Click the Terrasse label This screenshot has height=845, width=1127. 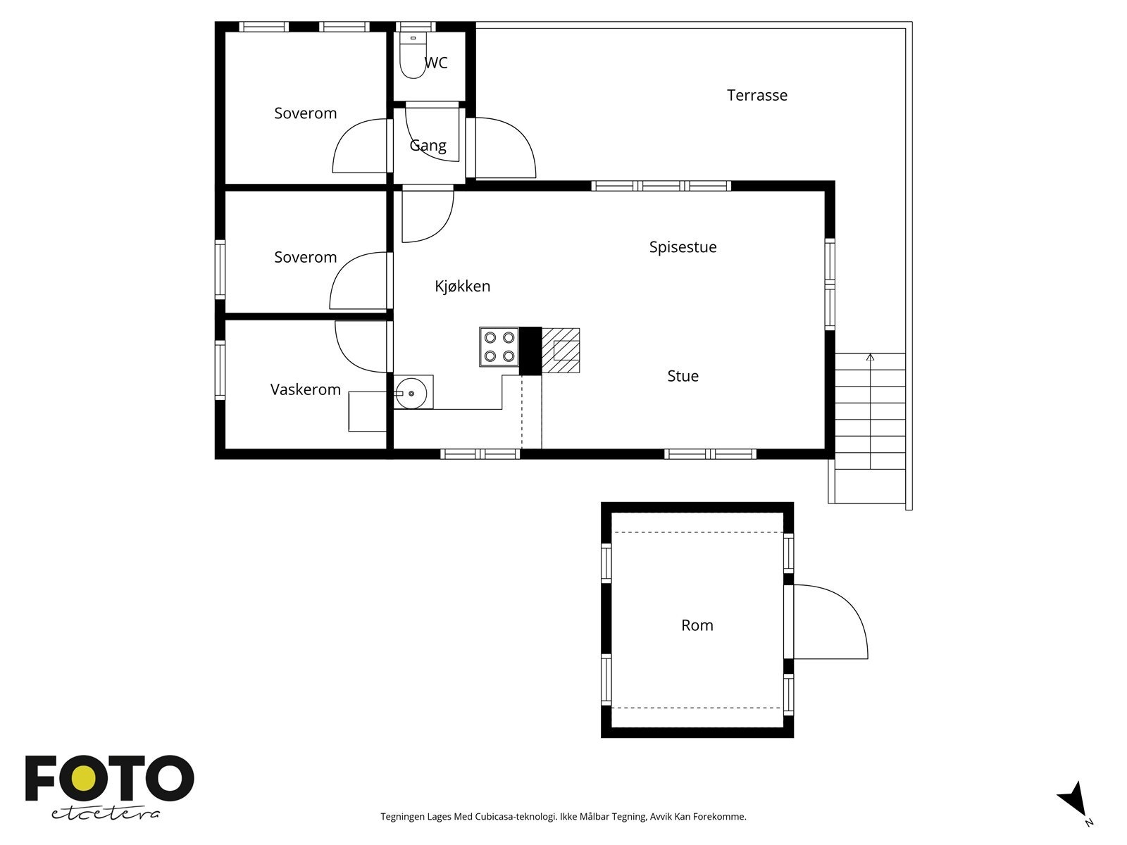click(756, 95)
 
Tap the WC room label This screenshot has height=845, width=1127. click(436, 63)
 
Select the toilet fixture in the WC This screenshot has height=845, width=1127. click(413, 56)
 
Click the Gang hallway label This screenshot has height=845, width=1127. click(428, 146)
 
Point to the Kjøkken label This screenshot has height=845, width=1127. click(463, 286)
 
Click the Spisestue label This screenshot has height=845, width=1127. click(683, 247)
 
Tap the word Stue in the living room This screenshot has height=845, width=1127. click(683, 376)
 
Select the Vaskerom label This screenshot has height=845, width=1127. click(306, 389)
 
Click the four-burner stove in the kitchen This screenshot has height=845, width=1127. click(499, 347)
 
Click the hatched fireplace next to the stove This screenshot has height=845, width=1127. click(561, 351)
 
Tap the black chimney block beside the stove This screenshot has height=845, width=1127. click(530, 351)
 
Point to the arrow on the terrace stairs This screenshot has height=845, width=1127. click(871, 411)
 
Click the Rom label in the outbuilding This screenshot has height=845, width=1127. click(697, 625)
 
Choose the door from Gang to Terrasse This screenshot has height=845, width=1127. click(505, 148)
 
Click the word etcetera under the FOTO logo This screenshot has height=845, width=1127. click(105, 813)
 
